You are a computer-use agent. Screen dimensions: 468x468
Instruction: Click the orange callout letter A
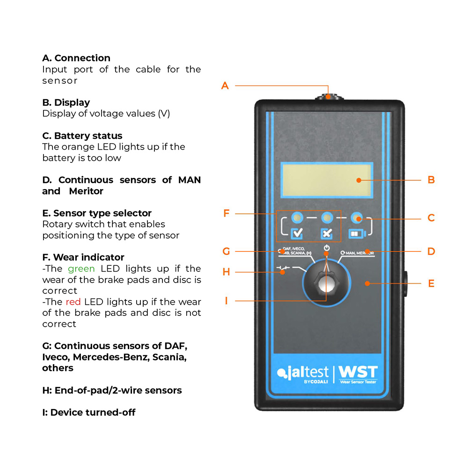click(x=225, y=86)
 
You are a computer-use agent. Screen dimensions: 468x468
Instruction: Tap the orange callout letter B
click(x=431, y=180)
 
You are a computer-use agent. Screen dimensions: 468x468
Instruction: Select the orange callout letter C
click(x=431, y=218)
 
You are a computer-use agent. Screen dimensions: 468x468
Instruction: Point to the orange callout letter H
click(x=226, y=272)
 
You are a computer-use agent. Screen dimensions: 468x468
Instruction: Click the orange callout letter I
click(x=226, y=300)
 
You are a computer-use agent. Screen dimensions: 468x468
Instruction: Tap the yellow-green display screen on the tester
click(x=327, y=180)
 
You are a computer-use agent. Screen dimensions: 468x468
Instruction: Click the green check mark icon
click(x=297, y=233)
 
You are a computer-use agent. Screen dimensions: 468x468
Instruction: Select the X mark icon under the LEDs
click(x=327, y=233)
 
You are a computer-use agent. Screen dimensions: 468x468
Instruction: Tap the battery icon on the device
click(x=357, y=233)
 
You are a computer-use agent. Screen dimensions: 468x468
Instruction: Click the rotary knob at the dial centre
click(x=326, y=282)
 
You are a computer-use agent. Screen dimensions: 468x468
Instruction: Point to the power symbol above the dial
click(x=327, y=248)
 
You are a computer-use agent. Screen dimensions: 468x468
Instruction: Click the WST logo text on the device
click(x=358, y=373)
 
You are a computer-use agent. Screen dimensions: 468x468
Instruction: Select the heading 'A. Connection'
click(x=76, y=58)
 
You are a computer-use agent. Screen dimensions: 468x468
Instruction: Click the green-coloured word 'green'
click(x=81, y=269)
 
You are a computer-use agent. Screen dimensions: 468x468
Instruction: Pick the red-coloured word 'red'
click(x=73, y=302)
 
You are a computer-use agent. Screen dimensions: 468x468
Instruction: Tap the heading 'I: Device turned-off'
click(x=89, y=412)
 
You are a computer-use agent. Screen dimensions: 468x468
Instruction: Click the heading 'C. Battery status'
click(x=82, y=136)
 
